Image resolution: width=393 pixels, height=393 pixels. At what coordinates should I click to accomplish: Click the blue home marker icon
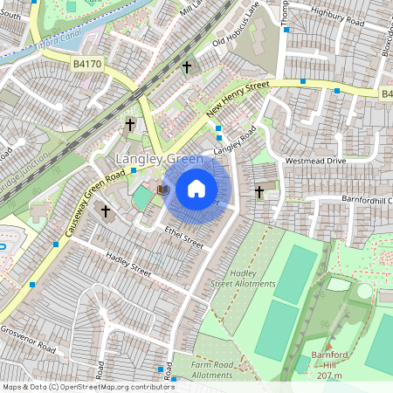click(x=196, y=189)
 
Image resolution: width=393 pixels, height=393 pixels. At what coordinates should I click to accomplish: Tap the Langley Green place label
click(x=161, y=160)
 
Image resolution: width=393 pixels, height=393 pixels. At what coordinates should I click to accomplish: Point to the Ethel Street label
click(x=183, y=237)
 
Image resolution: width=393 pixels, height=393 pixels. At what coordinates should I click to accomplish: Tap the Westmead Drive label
click(x=315, y=162)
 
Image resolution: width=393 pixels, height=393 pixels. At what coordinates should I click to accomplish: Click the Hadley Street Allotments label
click(x=244, y=278)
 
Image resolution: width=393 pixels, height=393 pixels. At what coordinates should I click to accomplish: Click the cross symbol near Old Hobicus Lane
click(x=186, y=66)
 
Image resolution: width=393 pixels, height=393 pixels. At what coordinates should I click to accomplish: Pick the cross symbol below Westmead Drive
click(x=259, y=191)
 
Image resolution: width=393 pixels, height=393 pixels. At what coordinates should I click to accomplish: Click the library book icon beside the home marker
click(x=162, y=189)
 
